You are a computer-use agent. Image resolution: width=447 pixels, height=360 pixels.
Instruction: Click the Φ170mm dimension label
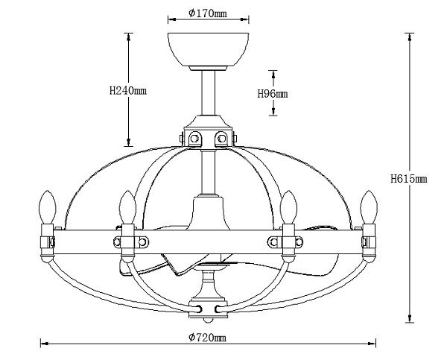208,13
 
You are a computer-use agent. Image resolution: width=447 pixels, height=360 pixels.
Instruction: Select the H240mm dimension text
128,91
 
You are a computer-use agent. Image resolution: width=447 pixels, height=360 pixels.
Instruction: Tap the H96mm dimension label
273,94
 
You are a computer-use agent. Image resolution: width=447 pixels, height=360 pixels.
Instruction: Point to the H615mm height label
409,179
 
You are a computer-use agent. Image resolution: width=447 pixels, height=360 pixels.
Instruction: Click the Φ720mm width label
208,338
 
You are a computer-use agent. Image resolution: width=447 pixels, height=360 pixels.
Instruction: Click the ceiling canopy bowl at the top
208,50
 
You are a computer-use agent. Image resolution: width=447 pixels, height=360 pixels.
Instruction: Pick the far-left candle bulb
48,207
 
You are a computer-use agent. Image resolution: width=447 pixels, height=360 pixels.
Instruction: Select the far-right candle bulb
369,207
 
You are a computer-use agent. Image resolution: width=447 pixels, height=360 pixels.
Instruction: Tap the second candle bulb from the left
127,207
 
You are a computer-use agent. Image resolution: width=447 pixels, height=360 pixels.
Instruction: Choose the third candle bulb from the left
288,207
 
